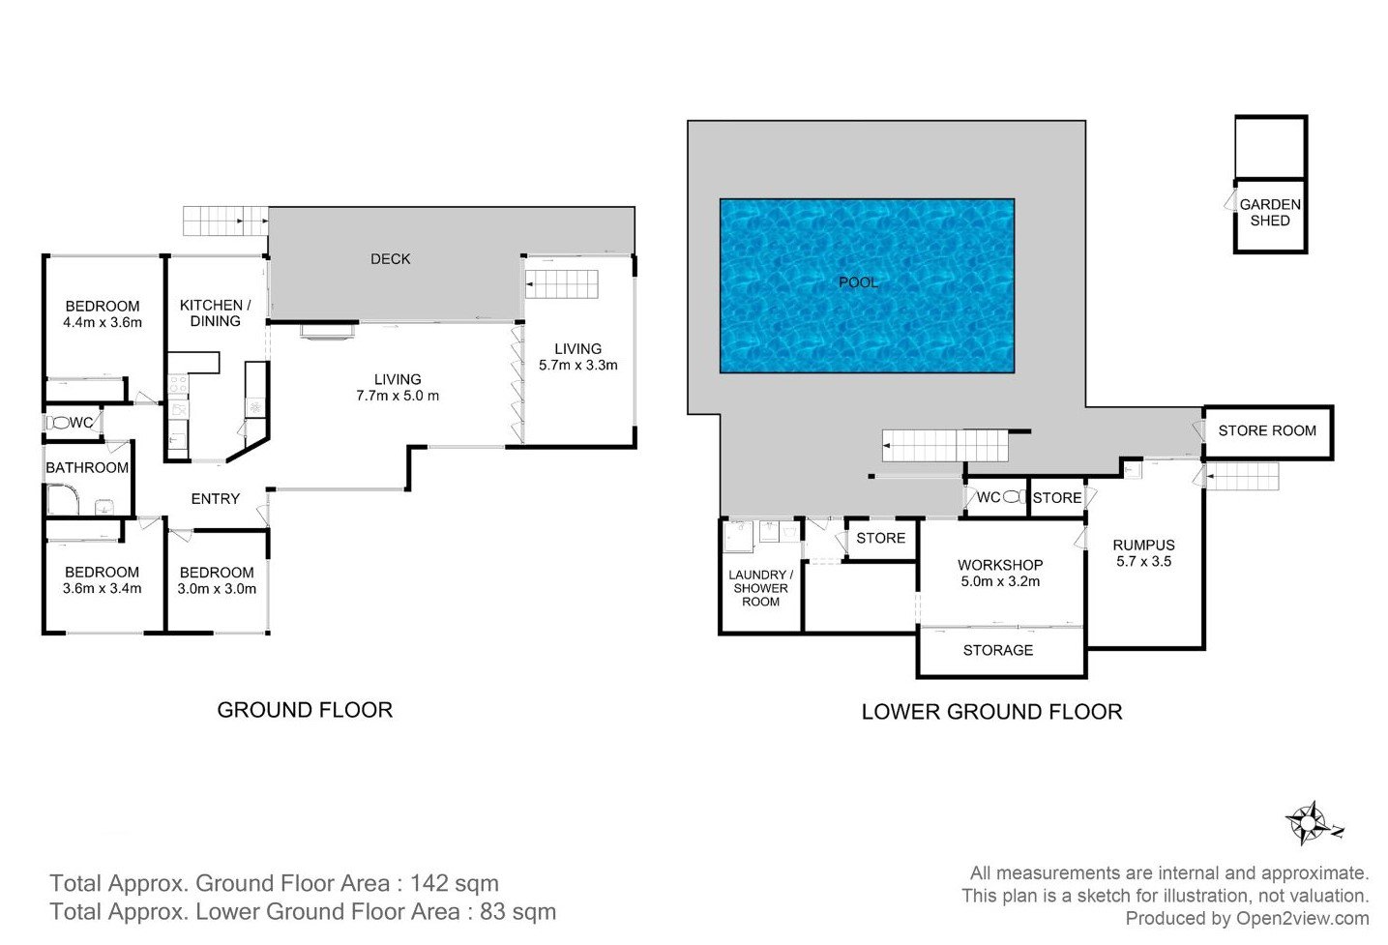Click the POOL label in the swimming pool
tap(858, 282)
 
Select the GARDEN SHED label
tap(1270, 213)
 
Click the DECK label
tap(391, 259)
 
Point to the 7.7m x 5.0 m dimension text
tap(398, 396)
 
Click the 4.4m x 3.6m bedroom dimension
tap(103, 322)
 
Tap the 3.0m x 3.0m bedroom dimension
tap(217, 589)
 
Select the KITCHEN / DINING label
tap(215, 313)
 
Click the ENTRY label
tap(215, 499)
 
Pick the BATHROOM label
tap(87, 468)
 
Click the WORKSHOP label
tap(1000, 565)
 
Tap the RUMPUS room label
tap(1144, 546)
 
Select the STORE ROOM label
tap(1267, 430)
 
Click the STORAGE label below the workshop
tap(998, 650)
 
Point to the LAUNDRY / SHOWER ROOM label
tap(761, 588)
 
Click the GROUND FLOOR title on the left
tap(305, 710)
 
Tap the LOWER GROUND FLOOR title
tap(992, 712)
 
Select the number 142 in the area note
tap(429, 883)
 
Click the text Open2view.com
tap(1303, 918)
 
